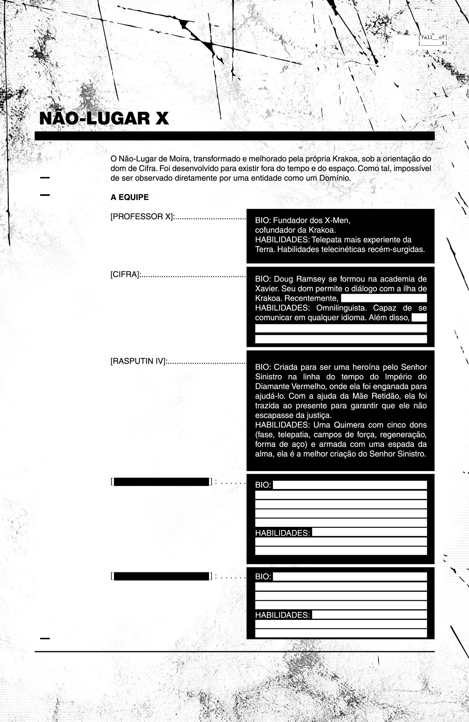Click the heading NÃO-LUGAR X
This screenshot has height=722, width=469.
[104, 119]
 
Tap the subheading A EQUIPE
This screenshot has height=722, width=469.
[129, 198]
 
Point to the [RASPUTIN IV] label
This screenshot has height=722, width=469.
[138, 362]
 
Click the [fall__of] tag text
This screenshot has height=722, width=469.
[433, 38]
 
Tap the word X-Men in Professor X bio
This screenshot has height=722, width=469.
[337, 220]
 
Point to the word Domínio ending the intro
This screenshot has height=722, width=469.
[334, 178]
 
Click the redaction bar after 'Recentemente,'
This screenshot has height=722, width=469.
[384, 298]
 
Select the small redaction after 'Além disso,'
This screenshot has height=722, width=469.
[419, 318]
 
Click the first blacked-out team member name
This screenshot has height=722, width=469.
[161, 482]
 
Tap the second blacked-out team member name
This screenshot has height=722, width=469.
[161, 576]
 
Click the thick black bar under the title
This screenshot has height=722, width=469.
[235, 136]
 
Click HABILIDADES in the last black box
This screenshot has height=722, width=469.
[282, 615]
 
